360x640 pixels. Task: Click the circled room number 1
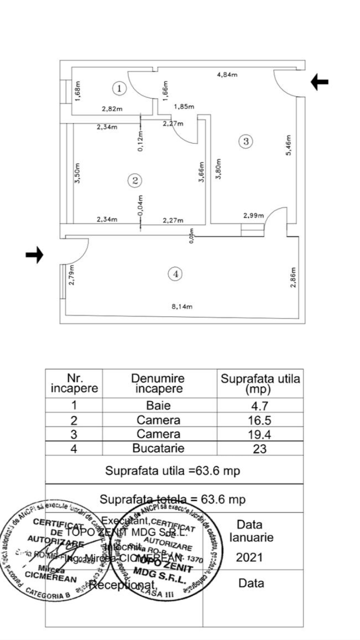[x=119, y=88]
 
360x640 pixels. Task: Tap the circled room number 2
[x=134, y=180]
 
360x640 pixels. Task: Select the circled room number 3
[x=245, y=141]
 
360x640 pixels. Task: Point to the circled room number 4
[x=174, y=273]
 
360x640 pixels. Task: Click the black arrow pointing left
[x=319, y=82]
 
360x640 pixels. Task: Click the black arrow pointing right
[x=34, y=255]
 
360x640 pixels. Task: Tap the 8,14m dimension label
[x=182, y=306]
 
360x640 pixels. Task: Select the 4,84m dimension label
[x=227, y=74]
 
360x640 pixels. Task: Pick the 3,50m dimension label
[x=76, y=172]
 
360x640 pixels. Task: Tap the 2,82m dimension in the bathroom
[x=112, y=108]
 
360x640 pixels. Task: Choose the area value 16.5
[x=260, y=420]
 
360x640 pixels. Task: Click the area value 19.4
[x=260, y=434]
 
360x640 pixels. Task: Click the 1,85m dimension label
[x=184, y=106]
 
